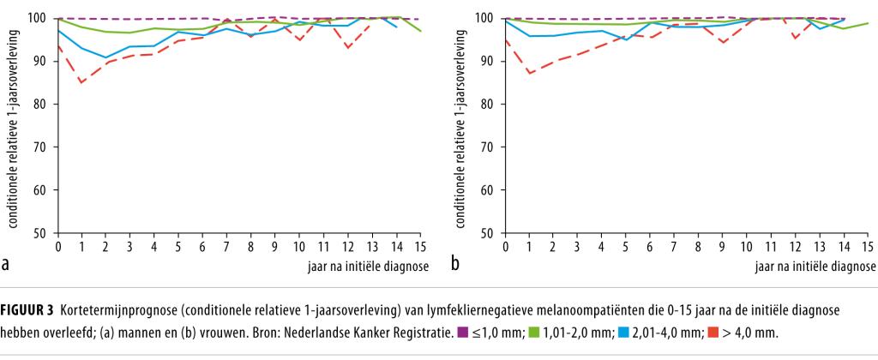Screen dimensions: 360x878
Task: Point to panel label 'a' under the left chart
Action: [x=6, y=264]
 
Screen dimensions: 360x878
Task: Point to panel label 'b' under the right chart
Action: [x=455, y=264]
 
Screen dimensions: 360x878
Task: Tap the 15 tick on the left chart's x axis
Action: [x=420, y=248]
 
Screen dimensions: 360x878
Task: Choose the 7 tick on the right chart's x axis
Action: [x=675, y=248]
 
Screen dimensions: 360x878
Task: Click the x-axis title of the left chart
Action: [x=368, y=266]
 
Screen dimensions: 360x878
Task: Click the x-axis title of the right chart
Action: [x=815, y=266]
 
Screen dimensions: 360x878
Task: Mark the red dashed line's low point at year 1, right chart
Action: [x=530, y=74]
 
